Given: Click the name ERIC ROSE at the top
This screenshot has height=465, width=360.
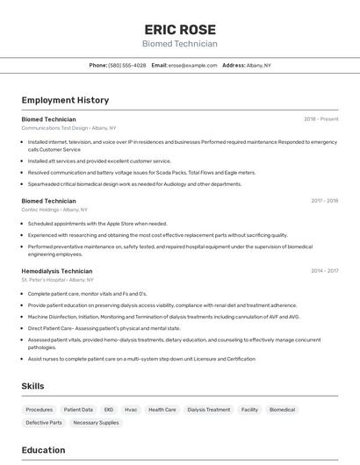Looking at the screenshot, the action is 180,29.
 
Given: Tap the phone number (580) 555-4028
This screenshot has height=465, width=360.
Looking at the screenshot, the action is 128,65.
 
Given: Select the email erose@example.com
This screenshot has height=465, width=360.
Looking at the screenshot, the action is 192,65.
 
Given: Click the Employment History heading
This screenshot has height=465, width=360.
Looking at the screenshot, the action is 65,100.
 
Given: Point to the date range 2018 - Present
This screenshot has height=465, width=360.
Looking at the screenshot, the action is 321,118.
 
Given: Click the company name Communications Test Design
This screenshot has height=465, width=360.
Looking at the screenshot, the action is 55,127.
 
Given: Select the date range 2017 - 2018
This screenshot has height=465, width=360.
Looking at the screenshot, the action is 324,200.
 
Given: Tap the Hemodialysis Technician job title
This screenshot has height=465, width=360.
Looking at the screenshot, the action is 57,271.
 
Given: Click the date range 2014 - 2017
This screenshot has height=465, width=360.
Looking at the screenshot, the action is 324,271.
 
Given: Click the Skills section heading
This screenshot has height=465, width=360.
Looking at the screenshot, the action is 32,386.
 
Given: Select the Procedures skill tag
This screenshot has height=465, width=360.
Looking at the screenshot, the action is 40,409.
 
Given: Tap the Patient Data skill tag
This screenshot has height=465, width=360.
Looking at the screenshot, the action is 79,409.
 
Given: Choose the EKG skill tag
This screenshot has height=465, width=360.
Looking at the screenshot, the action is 109,409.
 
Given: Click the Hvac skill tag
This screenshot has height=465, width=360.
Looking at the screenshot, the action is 131,409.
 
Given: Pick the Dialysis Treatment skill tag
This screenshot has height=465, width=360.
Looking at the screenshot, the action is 209,409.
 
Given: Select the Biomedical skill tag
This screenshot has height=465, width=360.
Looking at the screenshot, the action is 282,409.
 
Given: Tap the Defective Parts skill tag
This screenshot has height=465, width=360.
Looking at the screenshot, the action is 44,422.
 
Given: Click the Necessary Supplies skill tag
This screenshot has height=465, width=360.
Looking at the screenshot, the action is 96,422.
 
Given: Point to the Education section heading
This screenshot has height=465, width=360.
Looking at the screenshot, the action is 43,450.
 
